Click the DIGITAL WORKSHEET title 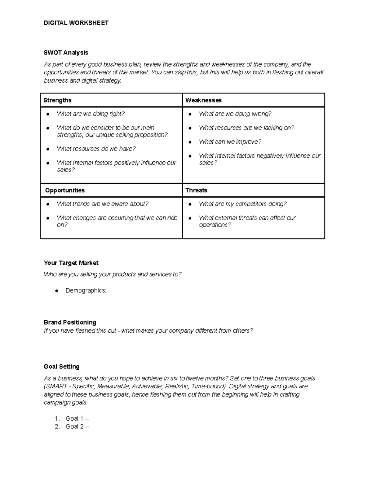tap(76, 23)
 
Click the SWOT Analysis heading tap(66, 53)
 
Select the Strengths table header tap(57, 100)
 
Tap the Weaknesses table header tap(203, 100)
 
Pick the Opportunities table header tap(64, 190)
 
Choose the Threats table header tap(196, 190)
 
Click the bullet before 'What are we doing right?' tap(47, 114)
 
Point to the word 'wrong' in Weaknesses tap(261, 114)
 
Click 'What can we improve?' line tap(230, 142)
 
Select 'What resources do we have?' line tap(96, 149)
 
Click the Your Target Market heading tap(71, 263)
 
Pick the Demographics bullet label tap(86, 291)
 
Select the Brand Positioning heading tap(70, 322)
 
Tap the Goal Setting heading tap(62, 367)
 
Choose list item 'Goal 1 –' tap(77, 419)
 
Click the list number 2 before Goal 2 tap(57, 427)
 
